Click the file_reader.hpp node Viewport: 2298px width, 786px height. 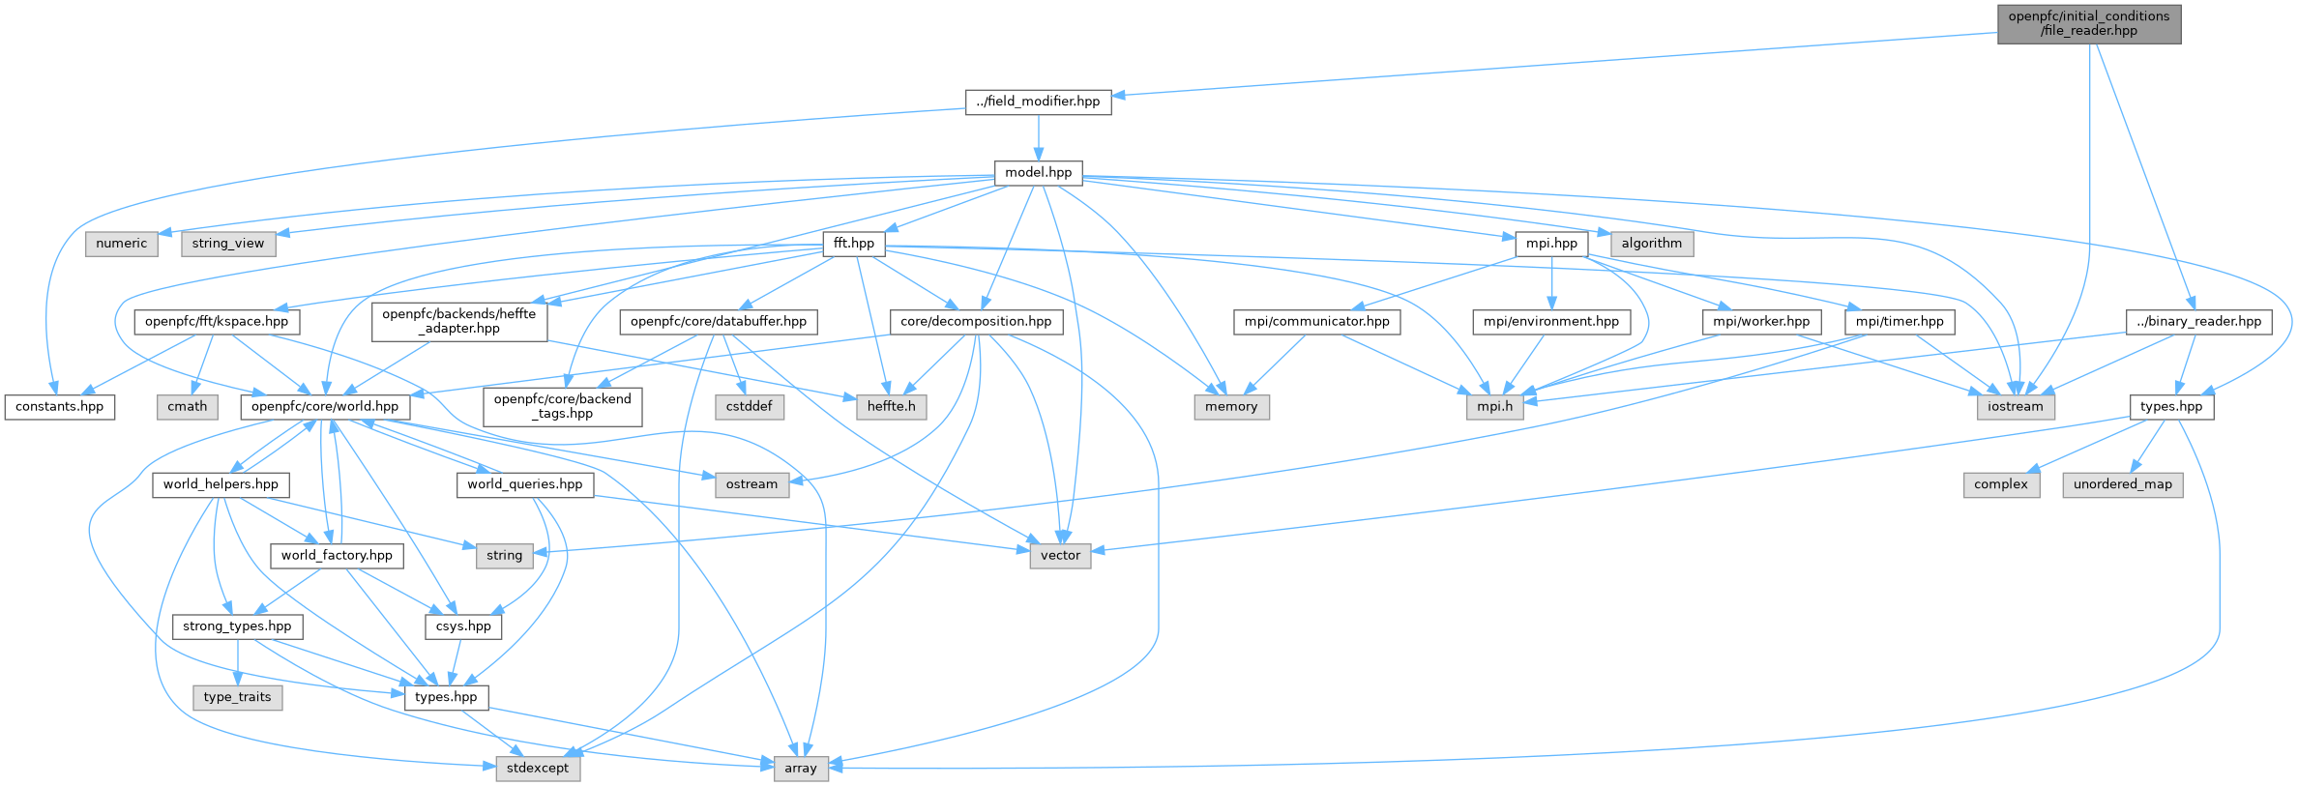(2089, 23)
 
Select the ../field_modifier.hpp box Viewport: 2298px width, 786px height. (1038, 102)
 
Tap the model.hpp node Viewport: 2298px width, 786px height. (1038, 173)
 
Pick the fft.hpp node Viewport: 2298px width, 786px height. (853, 244)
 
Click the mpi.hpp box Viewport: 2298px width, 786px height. (1551, 244)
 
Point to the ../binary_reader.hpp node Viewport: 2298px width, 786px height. (2198, 322)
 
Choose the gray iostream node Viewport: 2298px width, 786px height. (2016, 407)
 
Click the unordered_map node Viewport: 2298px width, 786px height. (2122, 484)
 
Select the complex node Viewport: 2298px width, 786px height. (2000, 484)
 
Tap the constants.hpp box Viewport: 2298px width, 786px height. (59, 407)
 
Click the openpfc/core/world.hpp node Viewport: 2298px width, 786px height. (325, 407)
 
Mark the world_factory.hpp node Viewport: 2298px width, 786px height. (337, 556)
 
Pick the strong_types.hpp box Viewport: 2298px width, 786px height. (237, 626)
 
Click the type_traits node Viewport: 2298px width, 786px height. (237, 697)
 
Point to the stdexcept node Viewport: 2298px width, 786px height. (538, 769)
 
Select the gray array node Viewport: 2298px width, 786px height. (800, 769)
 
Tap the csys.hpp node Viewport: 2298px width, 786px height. (463, 626)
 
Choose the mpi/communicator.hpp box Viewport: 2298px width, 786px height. (1316, 322)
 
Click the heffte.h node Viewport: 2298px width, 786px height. (891, 407)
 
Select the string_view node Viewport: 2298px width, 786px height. (227, 244)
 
